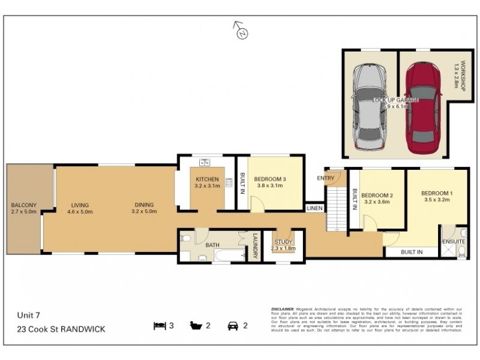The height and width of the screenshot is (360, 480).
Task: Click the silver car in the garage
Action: tap(370, 108)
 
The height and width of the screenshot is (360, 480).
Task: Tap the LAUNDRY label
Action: tap(254, 246)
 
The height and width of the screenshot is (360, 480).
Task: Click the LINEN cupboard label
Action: tap(314, 208)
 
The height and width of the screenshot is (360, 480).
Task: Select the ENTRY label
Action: tap(326, 178)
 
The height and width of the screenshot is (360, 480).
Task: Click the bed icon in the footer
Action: tap(159, 326)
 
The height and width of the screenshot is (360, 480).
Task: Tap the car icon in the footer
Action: tap(232, 326)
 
